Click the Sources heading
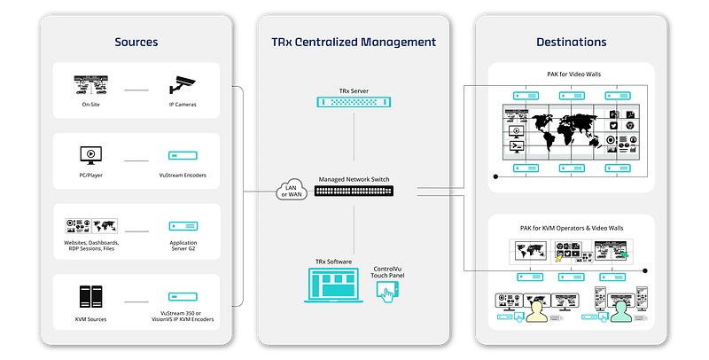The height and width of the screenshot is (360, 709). click(x=137, y=42)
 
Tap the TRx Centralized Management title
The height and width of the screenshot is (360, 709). click(x=354, y=42)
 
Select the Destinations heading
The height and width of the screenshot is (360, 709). click(x=571, y=42)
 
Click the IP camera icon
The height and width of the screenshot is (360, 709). click(x=182, y=86)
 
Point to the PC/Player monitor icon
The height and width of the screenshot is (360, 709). click(x=90, y=154)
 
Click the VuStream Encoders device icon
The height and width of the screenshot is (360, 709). click(x=182, y=155)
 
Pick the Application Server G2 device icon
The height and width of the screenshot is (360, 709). click(x=182, y=226)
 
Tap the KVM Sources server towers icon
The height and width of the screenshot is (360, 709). click(x=90, y=295)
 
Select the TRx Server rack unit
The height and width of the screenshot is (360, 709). click(x=354, y=102)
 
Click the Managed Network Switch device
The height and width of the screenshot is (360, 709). click(x=354, y=191)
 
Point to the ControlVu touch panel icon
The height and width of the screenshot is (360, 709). click(x=386, y=295)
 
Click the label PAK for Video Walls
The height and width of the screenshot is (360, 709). click(x=571, y=74)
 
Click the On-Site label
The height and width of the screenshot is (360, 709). click(x=90, y=105)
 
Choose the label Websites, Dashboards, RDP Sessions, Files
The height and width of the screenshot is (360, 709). click(x=92, y=246)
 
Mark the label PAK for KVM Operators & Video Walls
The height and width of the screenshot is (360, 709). click(x=571, y=228)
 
